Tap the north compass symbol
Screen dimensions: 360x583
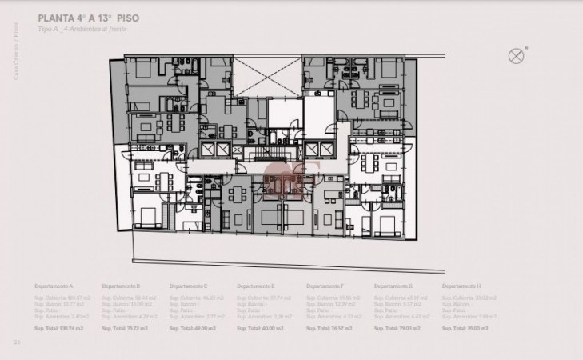(x=516, y=55)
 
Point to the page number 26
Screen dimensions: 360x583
(x=16, y=342)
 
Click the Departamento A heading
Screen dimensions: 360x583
(x=54, y=286)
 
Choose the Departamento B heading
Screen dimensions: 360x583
(x=121, y=286)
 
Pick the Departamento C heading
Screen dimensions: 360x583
(x=189, y=286)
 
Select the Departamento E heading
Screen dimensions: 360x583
(x=257, y=286)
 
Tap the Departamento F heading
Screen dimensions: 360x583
(x=325, y=286)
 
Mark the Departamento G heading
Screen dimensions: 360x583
(x=393, y=286)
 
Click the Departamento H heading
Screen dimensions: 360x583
(x=461, y=286)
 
